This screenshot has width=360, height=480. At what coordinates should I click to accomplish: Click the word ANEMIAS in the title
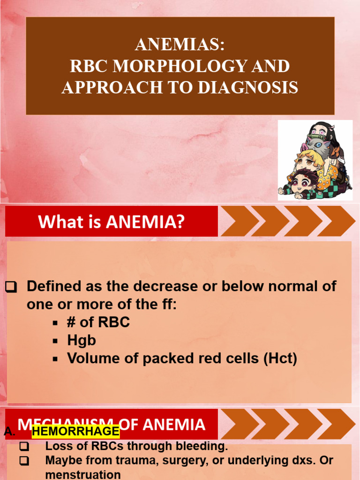[180, 45]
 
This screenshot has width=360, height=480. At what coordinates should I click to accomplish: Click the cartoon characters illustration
[315, 161]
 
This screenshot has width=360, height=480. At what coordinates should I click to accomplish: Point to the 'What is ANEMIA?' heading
[111, 221]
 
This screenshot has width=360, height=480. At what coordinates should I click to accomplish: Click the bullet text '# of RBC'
[98, 322]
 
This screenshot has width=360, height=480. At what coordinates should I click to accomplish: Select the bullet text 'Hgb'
[82, 340]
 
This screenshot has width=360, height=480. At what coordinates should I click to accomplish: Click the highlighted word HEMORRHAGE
[75, 431]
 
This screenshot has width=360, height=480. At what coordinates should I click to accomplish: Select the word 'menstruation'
[83, 474]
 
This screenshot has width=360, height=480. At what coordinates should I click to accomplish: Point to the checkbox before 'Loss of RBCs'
[24, 447]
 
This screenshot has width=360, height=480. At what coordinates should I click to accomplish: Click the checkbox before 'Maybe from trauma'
[24, 461]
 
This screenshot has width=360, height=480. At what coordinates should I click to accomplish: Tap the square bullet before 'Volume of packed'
[55, 359]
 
